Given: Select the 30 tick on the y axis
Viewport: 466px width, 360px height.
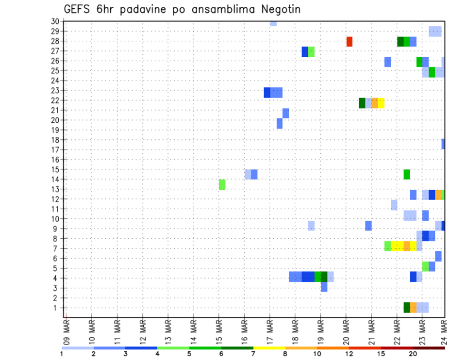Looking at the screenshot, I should click(x=55, y=21).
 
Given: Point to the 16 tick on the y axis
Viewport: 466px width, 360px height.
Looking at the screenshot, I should click(x=55, y=160).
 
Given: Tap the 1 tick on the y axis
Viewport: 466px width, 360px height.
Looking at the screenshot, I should click(x=57, y=308).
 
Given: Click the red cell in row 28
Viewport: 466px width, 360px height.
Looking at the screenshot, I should click(x=349, y=42).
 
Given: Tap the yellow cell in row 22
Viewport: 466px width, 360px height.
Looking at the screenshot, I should click(x=382, y=103).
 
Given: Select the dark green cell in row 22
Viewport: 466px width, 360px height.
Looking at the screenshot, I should click(x=362, y=103).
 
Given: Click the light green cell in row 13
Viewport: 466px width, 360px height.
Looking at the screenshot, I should click(x=222, y=184).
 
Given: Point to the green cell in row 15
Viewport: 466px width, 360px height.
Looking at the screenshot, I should click(x=407, y=174).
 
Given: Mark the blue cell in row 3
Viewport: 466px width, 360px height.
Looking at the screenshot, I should click(x=324, y=287).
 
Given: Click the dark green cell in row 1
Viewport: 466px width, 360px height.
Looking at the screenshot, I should click(x=407, y=308).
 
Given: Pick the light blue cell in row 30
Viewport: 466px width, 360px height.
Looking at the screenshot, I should click(x=273, y=23).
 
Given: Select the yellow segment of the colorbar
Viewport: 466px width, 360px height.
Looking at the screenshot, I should click(x=269, y=348).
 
